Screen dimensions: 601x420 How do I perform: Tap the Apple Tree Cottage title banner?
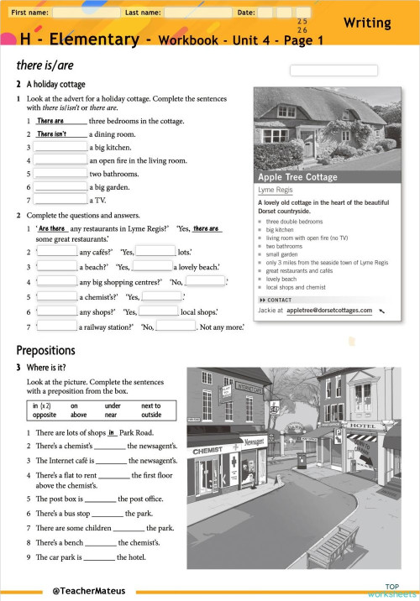click(297, 177)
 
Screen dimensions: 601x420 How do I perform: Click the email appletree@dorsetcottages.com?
click(328, 310)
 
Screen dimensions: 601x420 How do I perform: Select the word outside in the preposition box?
click(151, 415)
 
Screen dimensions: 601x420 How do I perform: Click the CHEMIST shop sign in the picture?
click(207, 451)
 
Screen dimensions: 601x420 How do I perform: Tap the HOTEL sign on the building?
click(363, 426)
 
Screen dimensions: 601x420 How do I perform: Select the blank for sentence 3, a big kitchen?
click(60, 147)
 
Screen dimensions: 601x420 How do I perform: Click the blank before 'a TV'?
click(60, 201)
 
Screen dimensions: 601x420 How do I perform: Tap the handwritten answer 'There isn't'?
click(52, 133)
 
